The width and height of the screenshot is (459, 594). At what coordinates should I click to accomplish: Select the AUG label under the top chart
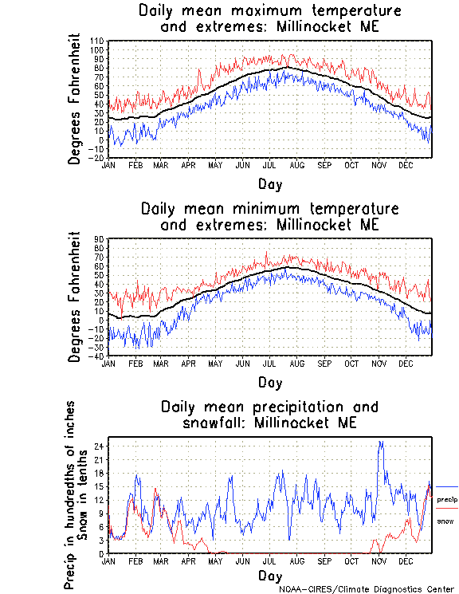click(x=296, y=165)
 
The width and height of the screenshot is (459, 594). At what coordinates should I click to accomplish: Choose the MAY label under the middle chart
click(x=215, y=363)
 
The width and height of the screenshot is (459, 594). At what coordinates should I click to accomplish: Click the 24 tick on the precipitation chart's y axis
click(x=100, y=446)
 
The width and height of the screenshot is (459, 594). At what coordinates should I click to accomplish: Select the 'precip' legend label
click(x=446, y=499)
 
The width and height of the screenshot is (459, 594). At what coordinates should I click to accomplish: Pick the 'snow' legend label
click(x=445, y=521)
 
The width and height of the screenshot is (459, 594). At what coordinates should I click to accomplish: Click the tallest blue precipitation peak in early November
click(x=381, y=442)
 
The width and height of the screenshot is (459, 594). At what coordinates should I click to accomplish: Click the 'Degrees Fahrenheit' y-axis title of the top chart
click(x=75, y=99)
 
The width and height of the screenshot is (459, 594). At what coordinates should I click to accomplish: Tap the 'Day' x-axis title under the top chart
click(x=269, y=183)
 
